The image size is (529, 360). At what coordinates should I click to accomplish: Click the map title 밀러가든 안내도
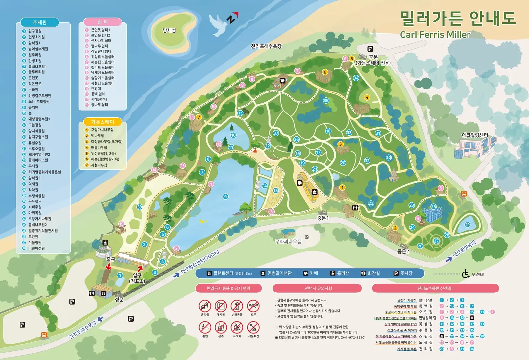[458, 18]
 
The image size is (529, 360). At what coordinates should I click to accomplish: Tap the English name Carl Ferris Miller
[435, 35]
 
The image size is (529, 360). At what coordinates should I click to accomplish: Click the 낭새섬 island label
[169, 30]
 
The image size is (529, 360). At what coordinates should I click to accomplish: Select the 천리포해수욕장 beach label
[266, 46]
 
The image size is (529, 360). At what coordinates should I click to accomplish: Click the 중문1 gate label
[323, 218]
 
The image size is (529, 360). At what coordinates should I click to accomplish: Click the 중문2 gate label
[403, 251]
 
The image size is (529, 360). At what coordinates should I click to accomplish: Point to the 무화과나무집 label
[288, 242]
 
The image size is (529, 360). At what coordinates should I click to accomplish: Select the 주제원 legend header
[40, 22]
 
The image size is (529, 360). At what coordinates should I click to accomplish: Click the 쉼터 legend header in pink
[102, 22]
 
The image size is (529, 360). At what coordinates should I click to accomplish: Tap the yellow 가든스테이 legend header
[102, 122]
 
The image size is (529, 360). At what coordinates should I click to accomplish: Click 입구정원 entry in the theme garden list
[35, 31]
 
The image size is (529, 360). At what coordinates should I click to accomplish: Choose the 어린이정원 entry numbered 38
[36, 248]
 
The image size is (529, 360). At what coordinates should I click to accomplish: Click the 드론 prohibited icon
[253, 306]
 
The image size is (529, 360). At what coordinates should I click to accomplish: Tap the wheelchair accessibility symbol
[466, 274]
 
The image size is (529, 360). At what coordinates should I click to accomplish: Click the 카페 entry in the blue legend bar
[311, 273]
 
